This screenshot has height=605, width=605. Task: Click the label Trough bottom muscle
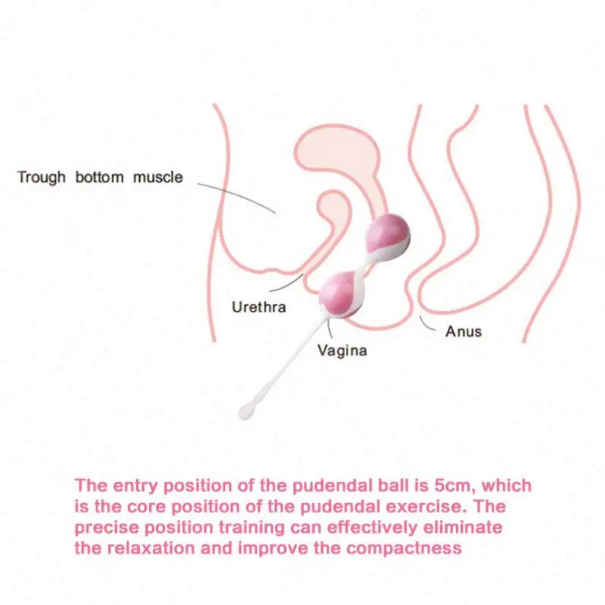[x=100, y=178]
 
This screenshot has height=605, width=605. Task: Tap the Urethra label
[x=258, y=307]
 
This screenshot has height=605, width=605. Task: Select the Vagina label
[x=342, y=350]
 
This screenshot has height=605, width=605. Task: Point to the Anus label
[x=464, y=331]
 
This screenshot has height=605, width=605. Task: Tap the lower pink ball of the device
[x=341, y=293]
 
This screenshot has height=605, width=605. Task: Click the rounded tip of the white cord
[x=245, y=412]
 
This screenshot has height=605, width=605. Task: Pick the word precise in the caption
[x=105, y=527]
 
